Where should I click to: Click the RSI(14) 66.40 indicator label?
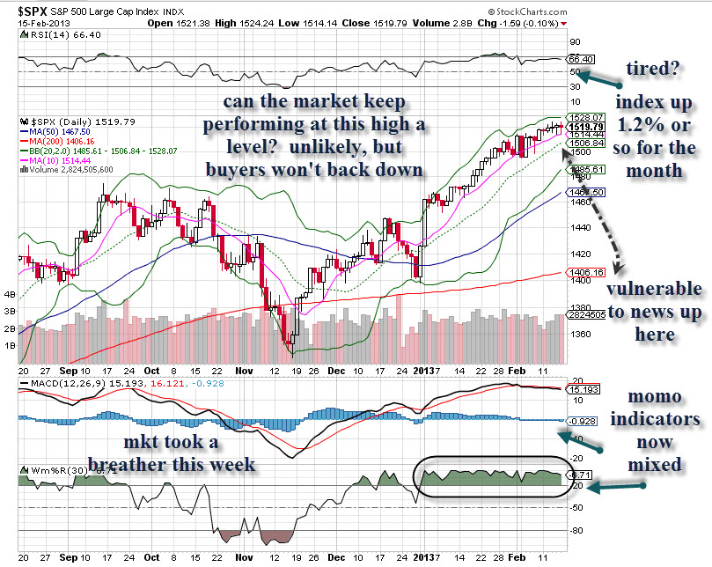[55, 34]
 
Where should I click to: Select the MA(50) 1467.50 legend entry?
[59, 129]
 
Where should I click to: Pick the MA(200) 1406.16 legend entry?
[62, 140]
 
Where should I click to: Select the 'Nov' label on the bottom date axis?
[221, 558]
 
